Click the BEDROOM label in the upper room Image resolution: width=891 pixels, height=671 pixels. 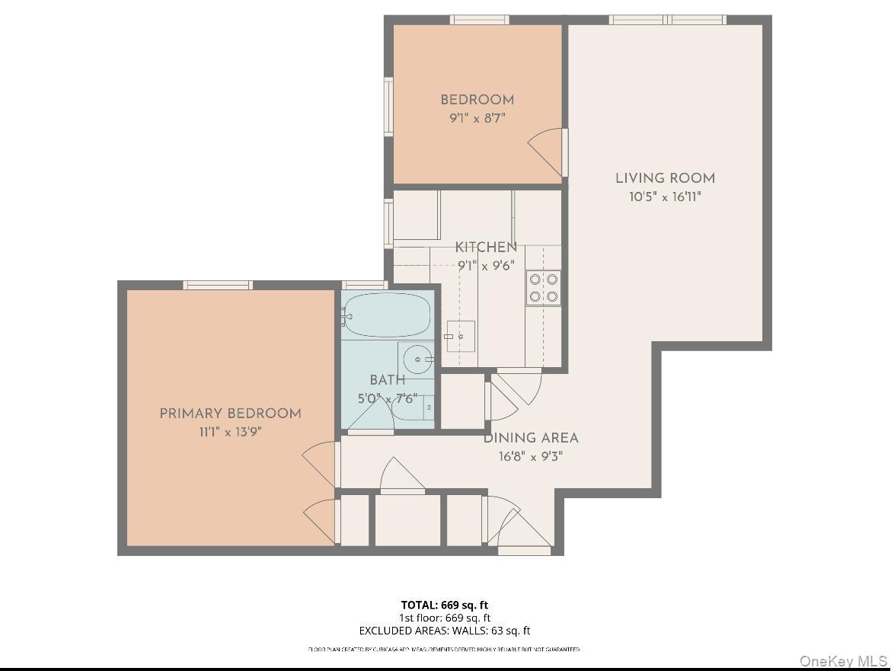[477, 100]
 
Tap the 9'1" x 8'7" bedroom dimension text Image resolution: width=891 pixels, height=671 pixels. [477, 118]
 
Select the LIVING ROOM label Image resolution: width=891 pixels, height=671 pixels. [665, 178]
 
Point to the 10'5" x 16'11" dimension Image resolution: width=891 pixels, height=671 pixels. [665, 197]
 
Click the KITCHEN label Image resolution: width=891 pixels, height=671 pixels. [486, 248]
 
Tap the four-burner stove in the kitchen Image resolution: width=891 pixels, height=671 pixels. [544, 288]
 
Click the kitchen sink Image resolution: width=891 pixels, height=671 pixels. [460, 336]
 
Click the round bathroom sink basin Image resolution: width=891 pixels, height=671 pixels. [417, 358]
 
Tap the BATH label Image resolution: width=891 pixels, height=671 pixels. [387, 380]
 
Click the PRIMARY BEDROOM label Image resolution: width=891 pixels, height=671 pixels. [230, 414]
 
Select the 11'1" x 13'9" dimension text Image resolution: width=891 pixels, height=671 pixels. [230, 432]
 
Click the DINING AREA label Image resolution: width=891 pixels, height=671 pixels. [531, 438]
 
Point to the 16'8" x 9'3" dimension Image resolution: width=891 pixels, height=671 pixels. [531, 457]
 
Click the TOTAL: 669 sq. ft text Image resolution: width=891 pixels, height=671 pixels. [445, 605]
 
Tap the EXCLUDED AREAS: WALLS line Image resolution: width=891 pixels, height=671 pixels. [445, 631]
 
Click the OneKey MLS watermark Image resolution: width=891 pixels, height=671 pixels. [843, 660]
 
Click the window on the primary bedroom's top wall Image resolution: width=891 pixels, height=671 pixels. [218, 285]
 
